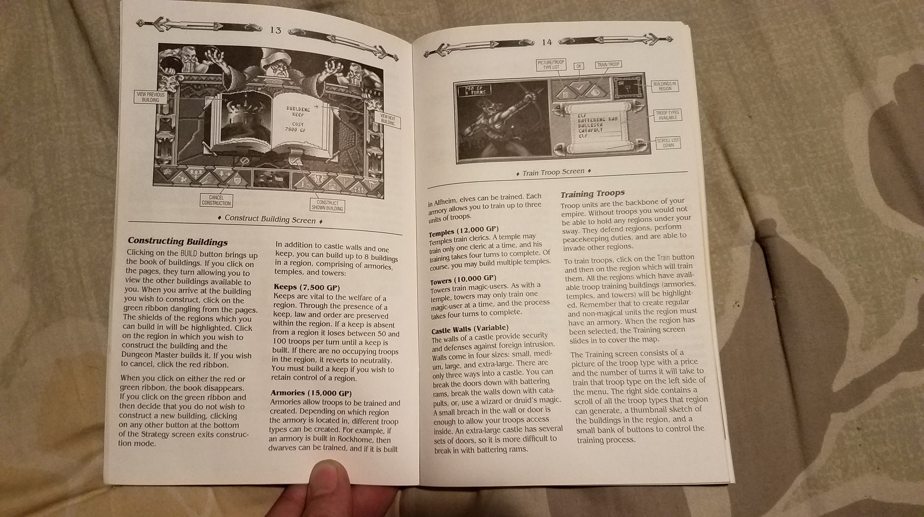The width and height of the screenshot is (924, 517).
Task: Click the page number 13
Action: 275,30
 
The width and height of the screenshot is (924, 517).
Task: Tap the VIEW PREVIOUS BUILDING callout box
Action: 151,97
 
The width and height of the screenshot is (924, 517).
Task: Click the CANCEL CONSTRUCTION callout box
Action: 216,200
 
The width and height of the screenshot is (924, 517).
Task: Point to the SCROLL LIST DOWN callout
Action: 668,143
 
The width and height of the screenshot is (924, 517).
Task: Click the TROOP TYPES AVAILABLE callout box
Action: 667,115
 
